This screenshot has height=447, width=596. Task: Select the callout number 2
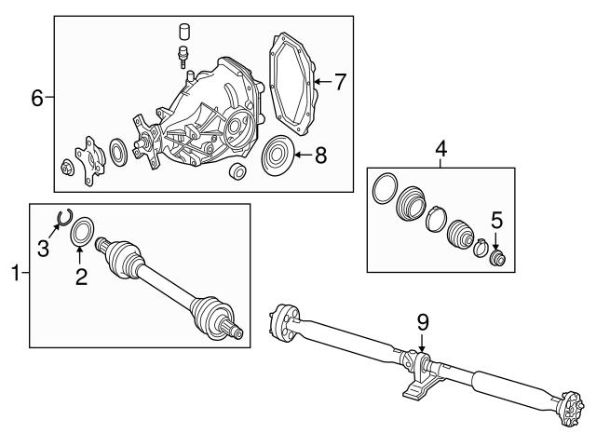coord(82,277)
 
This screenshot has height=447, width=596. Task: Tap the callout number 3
coord(43,249)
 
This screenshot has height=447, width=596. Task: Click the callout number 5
coord(496,220)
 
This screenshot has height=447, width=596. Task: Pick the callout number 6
coord(37,97)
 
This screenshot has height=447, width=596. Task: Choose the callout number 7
coord(340,82)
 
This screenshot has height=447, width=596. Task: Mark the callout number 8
coord(320,156)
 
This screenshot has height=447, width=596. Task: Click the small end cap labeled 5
coord(498,256)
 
